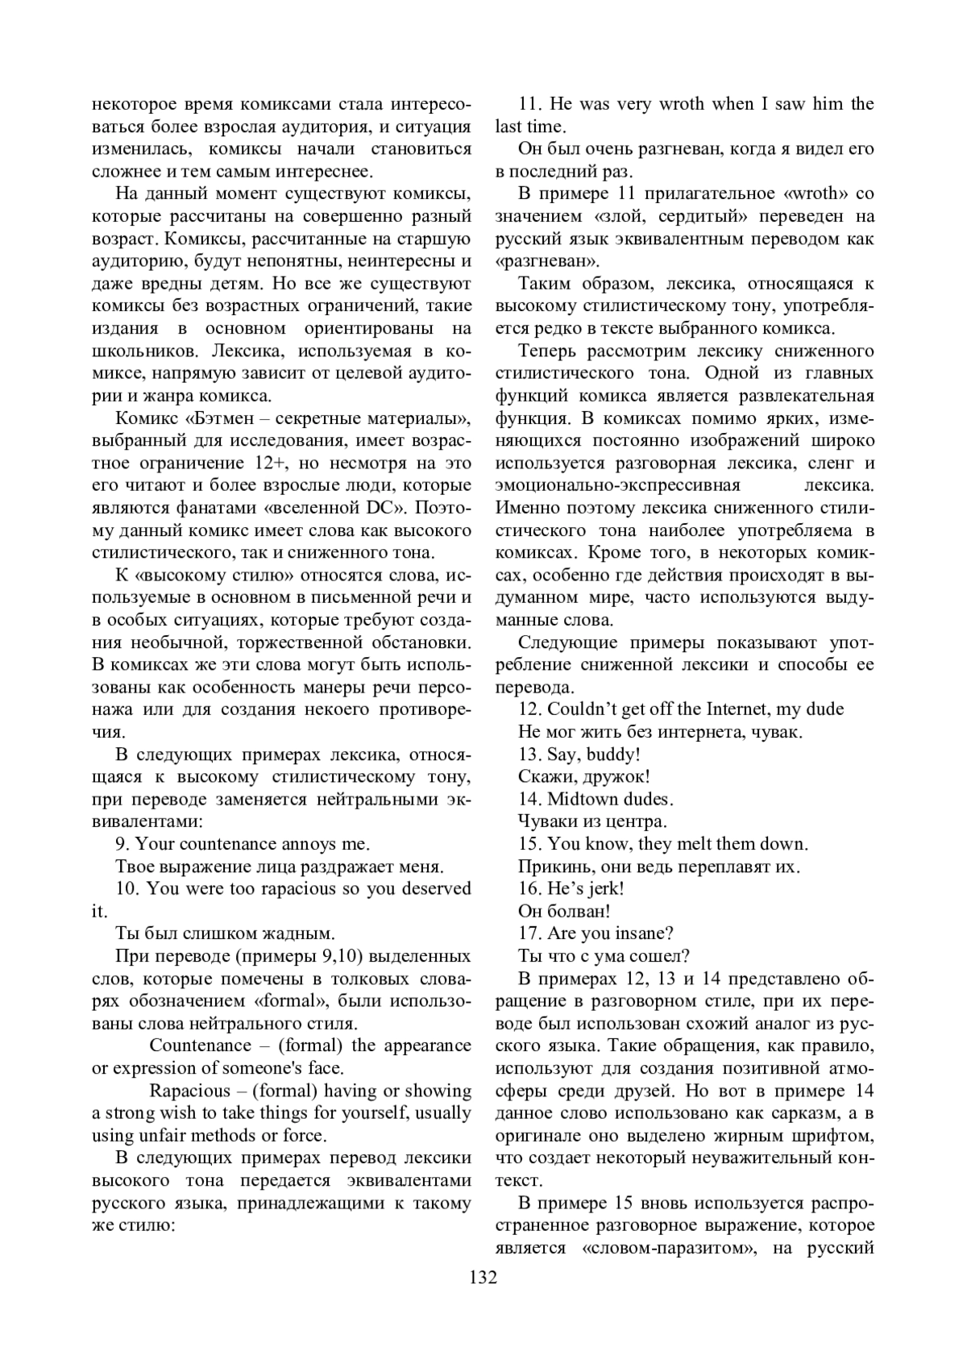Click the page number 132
[483, 1278]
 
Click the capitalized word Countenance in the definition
[201, 1046]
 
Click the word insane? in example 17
[644, 933]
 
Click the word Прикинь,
[553, 867]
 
